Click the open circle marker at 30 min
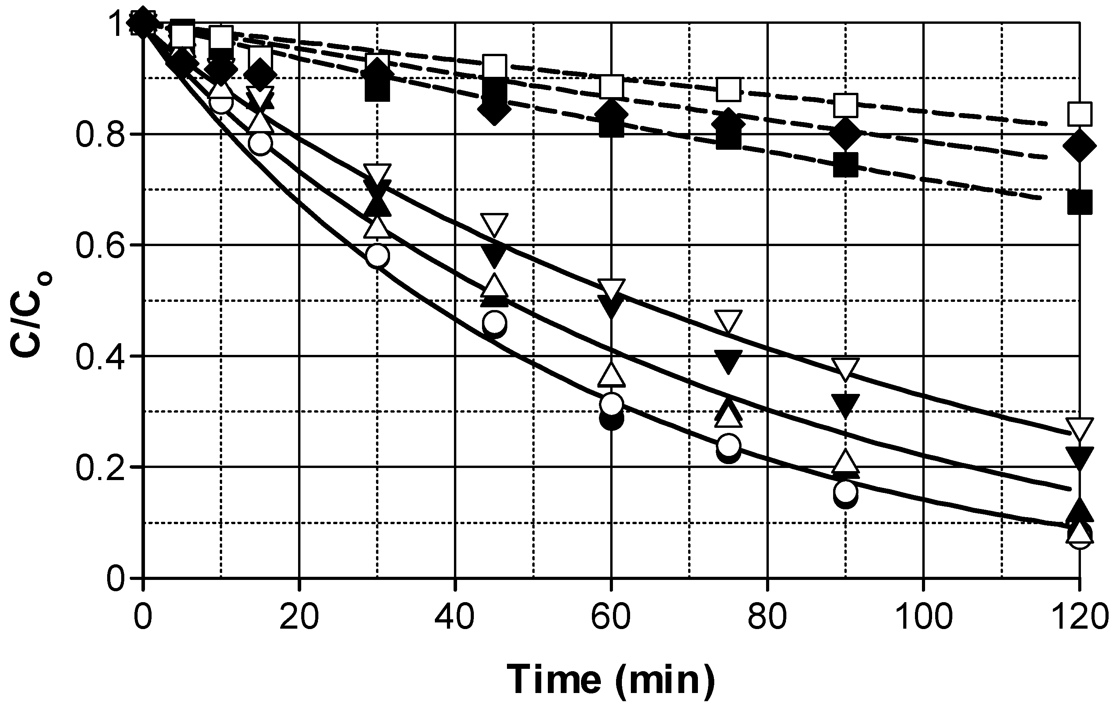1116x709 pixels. [377, 255]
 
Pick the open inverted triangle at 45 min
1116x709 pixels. [494, 224]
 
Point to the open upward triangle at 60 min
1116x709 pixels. [611, 375]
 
